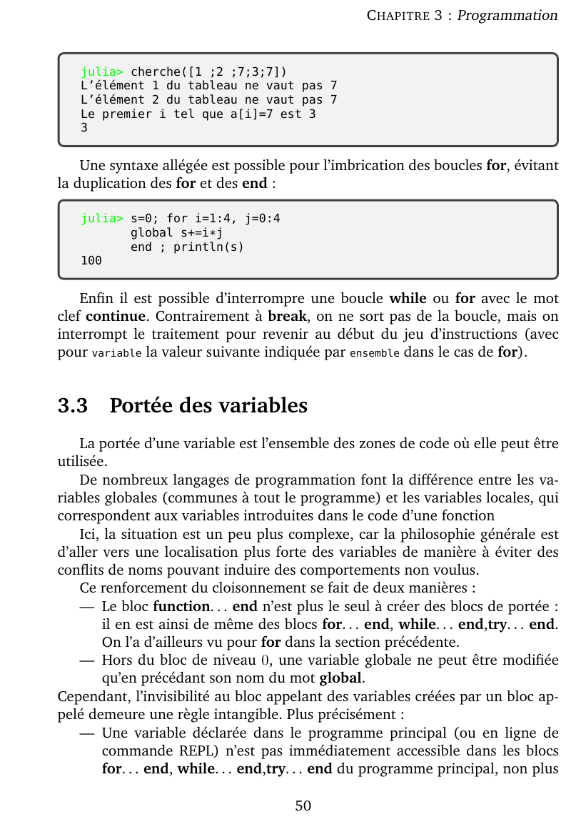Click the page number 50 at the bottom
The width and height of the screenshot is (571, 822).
point(303,806)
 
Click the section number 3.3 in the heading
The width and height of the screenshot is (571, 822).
point(73,405)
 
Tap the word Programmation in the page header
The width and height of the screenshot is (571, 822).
point(507,15)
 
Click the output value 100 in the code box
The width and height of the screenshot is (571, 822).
point(91,261)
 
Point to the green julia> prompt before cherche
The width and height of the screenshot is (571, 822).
point(102,71)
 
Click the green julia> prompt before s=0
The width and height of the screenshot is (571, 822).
point(102,218)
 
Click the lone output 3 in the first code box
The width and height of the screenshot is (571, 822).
point(84,129)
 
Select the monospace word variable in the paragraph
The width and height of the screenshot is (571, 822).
point(117,353)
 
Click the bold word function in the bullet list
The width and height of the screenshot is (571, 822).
point(180,607)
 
